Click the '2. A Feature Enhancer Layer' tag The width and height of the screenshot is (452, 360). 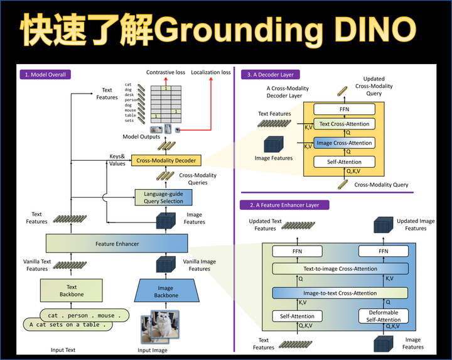tap(284, 205)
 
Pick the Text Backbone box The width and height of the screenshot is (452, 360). tap(67, 291)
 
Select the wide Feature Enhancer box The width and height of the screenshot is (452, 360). tap(117, 243)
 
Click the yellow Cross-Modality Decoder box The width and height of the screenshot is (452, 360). tap(166, 161)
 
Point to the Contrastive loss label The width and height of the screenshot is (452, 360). tap(166, 72)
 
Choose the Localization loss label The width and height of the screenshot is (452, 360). tap(210, 72)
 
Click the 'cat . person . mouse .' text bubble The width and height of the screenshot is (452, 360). tap(81, 315)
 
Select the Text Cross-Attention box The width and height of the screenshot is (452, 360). tap(344, 124)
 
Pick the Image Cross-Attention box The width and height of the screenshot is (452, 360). tap(344, 143)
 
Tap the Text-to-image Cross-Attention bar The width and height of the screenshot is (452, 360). tap(340, 269)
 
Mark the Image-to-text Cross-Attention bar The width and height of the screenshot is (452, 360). tap(340, 293)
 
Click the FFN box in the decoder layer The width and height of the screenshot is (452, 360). tap(344, 109)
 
